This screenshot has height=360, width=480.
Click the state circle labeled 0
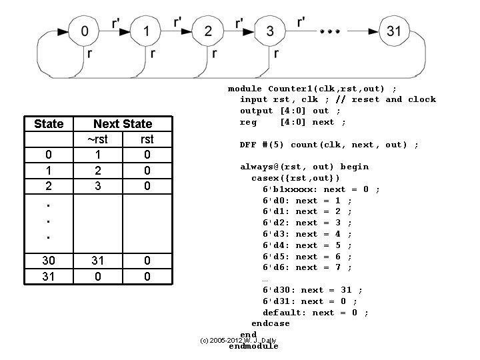coord(84,31)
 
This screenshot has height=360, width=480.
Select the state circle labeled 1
coord(147,31)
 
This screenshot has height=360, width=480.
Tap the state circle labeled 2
coord(208,31)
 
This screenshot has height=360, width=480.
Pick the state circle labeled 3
coord(269,31)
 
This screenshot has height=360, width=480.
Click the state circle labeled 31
coord(394,31)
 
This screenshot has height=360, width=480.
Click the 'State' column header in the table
coord(49,124)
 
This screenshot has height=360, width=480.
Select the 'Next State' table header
coord(123,124)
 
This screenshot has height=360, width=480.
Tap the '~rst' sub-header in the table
coord(97,139)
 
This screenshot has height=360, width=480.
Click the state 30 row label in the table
coord(49,261)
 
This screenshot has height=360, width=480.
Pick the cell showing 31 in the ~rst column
coord(97,261)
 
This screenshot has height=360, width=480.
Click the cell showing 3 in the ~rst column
coord(97,186)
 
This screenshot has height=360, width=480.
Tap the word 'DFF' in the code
coord(249,145)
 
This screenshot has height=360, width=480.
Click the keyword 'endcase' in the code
coord(271,323)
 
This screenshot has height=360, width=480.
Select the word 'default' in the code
coord(285,312)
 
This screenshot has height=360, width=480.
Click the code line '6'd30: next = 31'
coord(313,290)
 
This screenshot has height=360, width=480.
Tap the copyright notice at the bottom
coord(238,341)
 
